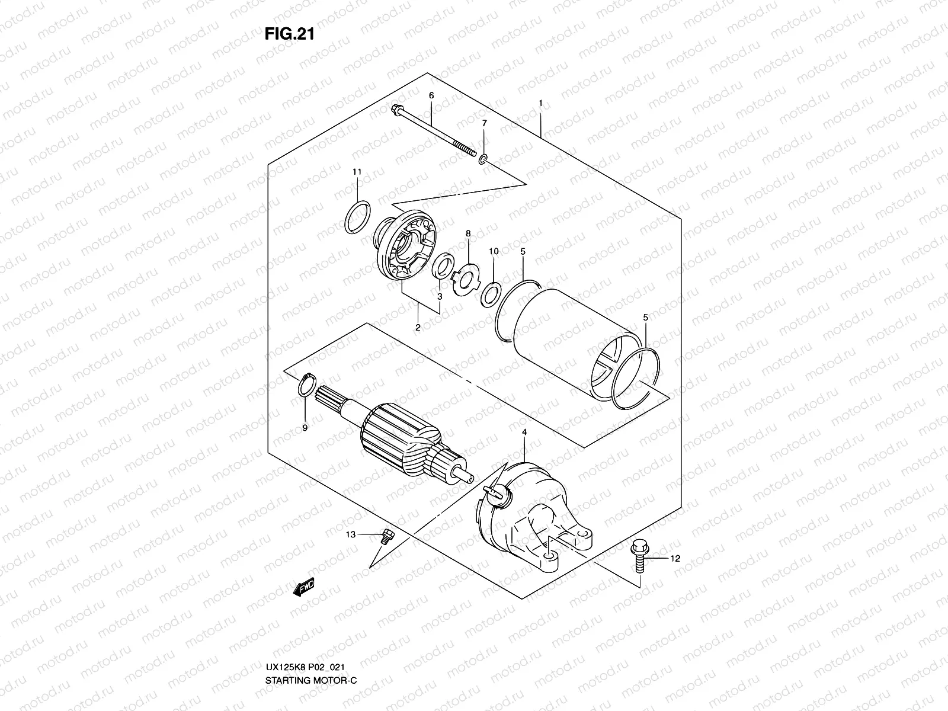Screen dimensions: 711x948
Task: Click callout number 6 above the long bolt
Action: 431,95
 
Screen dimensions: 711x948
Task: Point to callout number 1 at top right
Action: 540,103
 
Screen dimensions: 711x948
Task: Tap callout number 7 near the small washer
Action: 484,123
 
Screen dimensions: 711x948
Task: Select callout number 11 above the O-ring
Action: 357,172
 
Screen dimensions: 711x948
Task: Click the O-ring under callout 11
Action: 357,217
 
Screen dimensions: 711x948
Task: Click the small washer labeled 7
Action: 484,158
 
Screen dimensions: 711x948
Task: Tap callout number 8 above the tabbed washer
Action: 467,234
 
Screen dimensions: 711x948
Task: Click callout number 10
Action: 494,252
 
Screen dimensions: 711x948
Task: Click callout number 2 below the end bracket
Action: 418,327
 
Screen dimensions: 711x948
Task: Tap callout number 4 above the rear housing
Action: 524,433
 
